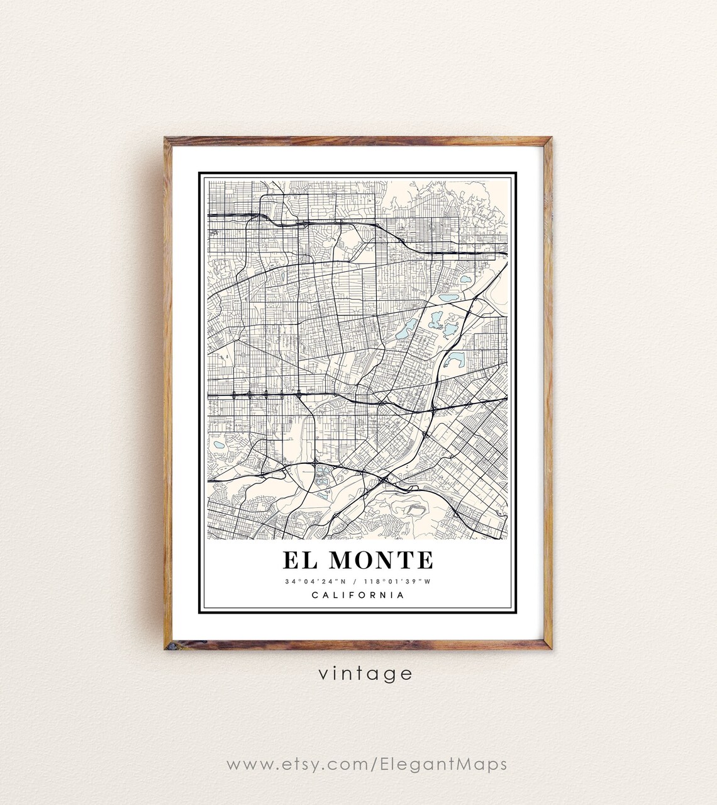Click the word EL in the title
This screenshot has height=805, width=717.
click(x=299, y=560)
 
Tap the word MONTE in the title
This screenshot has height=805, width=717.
click(x=381, y=560)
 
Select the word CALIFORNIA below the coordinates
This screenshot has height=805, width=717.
click(x=358, y=595)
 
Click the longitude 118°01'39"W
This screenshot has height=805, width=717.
click(x=397, y=582)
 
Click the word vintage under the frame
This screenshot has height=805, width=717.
click(x=365, y=674)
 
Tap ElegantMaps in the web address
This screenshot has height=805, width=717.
click(x=443, y=765)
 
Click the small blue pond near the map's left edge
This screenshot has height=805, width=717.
click(x=219, y=444)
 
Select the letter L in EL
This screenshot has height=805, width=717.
click(x=309, y=560)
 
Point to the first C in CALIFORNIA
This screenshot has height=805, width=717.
click(x=314, y=595)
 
